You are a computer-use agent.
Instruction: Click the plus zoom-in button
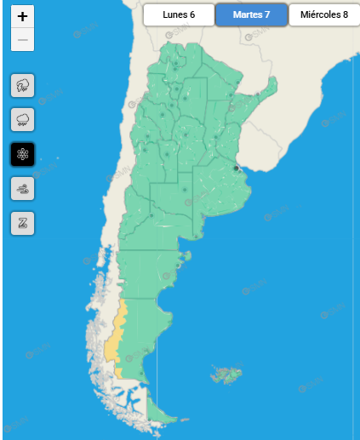(x=22, y=16)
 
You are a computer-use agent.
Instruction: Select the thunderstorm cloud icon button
(x=22, y=85)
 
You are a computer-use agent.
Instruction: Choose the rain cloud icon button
(x=22, y=119)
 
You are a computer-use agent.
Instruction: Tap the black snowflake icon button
(x=22, y=154)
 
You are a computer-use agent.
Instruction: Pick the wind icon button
(x=22, y=189)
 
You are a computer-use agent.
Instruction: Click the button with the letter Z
(x=22, y=223)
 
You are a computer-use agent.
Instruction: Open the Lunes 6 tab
(x=179, y=14)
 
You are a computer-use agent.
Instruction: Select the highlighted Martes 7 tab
(x=250, y=14)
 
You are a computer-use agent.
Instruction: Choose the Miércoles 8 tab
(x=323, y=14)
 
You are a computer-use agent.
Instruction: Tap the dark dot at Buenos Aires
(x=236, y=169)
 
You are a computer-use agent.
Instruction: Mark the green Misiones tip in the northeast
(x=271, y=85)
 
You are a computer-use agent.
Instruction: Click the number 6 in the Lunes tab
(x=192, y=14)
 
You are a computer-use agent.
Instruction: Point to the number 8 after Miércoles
(x=345, y=14)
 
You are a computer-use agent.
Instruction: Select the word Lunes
(x=174, y=14)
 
